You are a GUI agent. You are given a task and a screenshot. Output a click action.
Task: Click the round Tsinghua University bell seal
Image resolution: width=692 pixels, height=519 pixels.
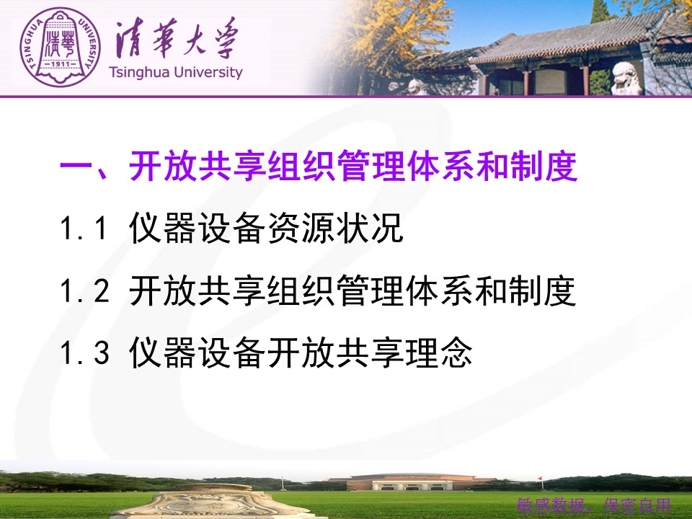(x=60, y=48)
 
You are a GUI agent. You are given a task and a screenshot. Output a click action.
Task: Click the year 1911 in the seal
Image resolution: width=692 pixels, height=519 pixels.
(x=61, y=64)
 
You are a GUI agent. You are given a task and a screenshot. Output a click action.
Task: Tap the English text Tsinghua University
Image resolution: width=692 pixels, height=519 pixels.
(x=176, y=72)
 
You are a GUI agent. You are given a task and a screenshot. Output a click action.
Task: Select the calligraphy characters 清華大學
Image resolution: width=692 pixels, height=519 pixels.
(x=177, y=38)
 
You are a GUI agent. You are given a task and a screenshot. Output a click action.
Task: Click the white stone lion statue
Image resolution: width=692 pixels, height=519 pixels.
(x=626, y=79)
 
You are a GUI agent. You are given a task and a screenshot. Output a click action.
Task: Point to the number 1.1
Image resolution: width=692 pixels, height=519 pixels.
(x=84, y=229)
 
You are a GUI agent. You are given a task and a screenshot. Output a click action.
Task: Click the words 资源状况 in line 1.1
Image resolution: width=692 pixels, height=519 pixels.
(x=335, y=228)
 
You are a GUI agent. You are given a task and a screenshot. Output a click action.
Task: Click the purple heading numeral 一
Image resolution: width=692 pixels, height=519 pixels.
(x=76, y=167)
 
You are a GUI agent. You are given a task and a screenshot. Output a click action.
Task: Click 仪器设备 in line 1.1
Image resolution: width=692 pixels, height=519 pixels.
(x=198, y=228)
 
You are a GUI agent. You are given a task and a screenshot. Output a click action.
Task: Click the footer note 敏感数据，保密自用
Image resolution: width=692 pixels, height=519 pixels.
(x=594, y=506)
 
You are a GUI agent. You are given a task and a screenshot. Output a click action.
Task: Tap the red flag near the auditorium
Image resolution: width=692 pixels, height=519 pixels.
(x=540, y=479)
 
